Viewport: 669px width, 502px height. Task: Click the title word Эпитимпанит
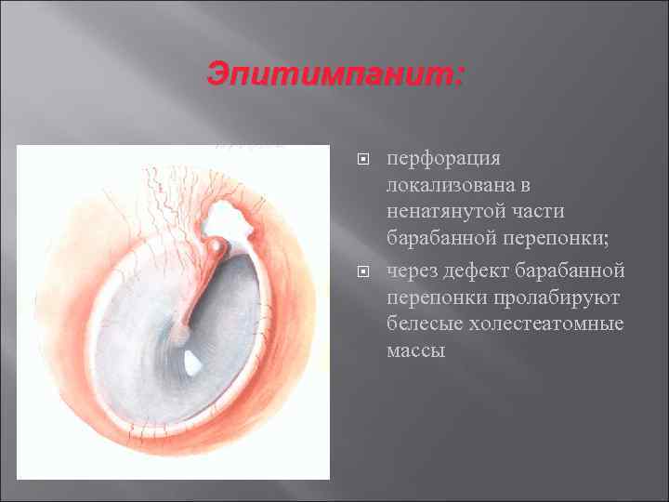click(x=334, y=73)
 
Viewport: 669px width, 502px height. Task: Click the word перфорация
click(x=444, y=160)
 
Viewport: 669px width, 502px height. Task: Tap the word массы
click(x=416, y=350)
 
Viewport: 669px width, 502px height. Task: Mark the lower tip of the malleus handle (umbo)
click(x=180, y=331)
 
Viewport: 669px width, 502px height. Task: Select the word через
click(x=413, y=271)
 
